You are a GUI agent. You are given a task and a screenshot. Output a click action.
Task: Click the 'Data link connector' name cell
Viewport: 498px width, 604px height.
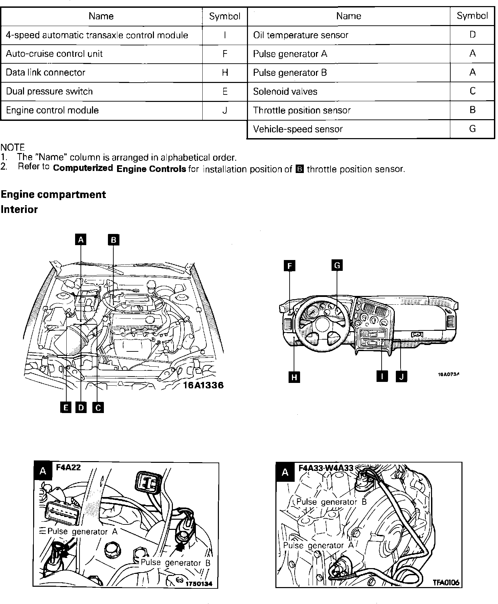point(101,72)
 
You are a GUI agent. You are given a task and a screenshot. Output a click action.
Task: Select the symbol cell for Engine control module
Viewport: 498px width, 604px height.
point(225,110)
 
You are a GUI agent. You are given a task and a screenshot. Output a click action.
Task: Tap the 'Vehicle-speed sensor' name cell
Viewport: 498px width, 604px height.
point(348,129)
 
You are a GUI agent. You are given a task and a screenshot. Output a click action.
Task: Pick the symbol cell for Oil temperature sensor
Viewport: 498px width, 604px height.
point(472,35)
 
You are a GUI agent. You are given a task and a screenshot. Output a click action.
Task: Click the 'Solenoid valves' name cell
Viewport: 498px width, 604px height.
point(348,91)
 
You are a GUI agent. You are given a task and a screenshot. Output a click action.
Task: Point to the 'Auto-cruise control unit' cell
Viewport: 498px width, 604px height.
point(101,54)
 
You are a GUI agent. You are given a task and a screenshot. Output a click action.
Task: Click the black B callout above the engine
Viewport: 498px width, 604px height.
point(114,240)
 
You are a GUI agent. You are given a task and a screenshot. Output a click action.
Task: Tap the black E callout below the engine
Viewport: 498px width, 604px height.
point(66,408)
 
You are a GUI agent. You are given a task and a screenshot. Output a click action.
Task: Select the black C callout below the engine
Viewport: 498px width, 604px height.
point(98,408)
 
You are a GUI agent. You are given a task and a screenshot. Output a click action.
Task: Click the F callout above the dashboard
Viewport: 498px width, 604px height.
point(290,266)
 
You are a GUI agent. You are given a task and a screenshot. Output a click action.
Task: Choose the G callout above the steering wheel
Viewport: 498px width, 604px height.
point(337,265)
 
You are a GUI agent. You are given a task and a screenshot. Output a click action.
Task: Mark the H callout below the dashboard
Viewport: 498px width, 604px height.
point(294,377)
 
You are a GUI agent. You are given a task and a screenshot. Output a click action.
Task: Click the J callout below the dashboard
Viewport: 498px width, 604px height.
point(401,376)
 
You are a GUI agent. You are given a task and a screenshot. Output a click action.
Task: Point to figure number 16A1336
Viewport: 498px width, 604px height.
point(203,385)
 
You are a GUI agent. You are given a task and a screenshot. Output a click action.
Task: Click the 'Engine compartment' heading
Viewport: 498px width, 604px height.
point(53,195)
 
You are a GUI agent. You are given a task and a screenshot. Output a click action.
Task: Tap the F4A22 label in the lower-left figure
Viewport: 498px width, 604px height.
point(68,468)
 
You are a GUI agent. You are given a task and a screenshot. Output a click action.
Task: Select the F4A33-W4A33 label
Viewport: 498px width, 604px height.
point(326,468)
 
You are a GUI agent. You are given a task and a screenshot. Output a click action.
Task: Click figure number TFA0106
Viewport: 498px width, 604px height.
point(446,583)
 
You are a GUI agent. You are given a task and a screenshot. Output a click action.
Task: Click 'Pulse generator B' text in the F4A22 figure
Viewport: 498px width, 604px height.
point(176,563)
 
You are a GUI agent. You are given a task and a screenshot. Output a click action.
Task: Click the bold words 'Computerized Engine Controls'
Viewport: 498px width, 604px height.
point(119,169)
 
